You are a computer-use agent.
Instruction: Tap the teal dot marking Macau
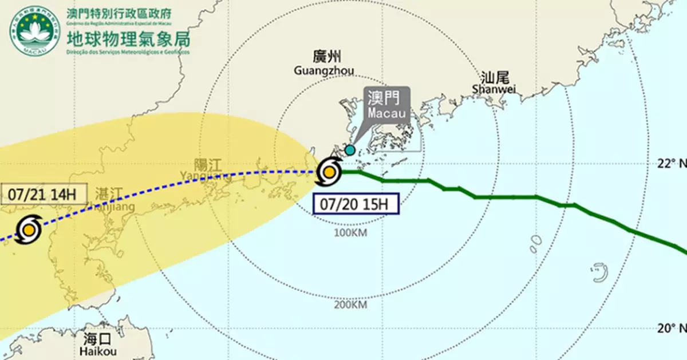[x=349, y=151]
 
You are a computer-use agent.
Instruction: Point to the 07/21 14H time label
[x=40, y=193]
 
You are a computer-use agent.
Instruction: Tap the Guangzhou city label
[x=323, y=64]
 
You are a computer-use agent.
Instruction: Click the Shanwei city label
[x=495, y=82]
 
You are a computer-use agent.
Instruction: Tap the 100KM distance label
[x=350, y=233]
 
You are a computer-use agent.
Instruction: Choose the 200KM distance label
[x=350, y=304]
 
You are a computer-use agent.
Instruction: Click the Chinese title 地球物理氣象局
[x=129, y=39]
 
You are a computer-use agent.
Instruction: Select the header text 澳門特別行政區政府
[x=129, y=13]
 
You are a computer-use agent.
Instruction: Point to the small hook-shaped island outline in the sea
[x=599, y=272]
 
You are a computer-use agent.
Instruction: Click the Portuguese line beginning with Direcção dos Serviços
[x=129, y=53]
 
